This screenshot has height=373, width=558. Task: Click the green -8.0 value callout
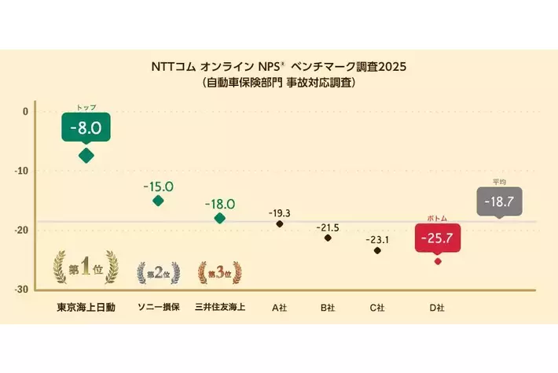86,126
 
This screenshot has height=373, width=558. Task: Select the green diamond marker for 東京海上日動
86,155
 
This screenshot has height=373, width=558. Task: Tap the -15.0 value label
158,186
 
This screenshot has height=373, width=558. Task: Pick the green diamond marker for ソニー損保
158,201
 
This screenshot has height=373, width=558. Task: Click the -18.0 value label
220,204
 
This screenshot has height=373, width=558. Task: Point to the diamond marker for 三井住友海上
220,218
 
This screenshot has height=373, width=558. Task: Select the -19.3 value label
279,213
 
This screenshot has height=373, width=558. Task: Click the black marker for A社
280,224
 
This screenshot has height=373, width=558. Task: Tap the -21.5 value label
328,227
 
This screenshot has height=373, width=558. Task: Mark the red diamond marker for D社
438,260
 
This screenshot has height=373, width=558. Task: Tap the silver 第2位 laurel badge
158,272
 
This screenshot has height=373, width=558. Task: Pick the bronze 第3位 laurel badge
220,272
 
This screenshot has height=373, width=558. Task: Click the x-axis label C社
377,308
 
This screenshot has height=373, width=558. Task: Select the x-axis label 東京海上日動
86,308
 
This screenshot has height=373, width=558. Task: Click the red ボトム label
437,218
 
